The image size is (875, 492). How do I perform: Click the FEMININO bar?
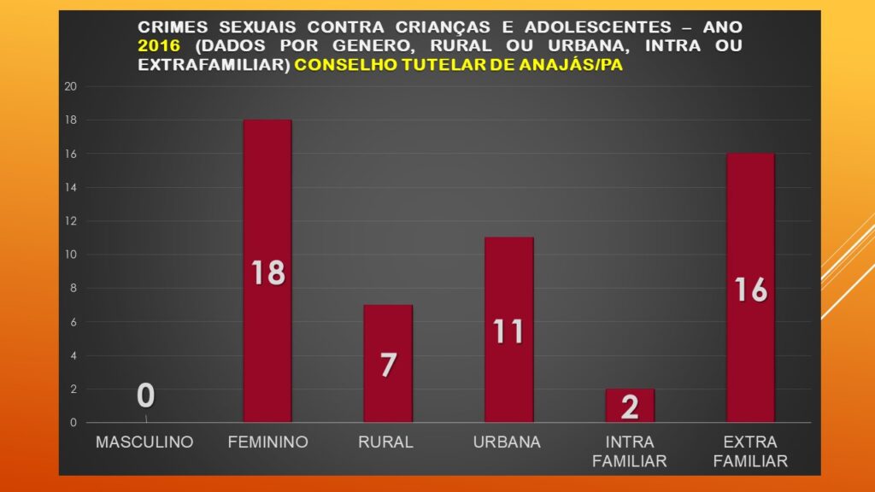(267, 214)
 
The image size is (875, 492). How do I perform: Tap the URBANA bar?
(508, 282)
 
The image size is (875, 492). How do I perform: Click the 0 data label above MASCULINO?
(145, 396)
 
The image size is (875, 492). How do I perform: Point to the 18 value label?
(267, 273)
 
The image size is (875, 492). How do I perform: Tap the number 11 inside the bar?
(508, 331)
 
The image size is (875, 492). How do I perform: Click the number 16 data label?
(750, 290)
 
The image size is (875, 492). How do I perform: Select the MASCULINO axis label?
(144, 442)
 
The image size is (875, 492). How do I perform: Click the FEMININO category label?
(267, 442)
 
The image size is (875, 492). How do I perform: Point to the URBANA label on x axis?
(508, 442)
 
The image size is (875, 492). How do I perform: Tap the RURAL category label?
(387, 442)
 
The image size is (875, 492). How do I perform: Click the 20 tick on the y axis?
(71, 86)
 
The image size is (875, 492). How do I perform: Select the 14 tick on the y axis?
(71, 187)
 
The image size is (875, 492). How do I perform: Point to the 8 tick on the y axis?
(73, 288)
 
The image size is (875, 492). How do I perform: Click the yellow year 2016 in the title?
(157, 45)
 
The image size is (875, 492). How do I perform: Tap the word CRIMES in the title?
(167, 27)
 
